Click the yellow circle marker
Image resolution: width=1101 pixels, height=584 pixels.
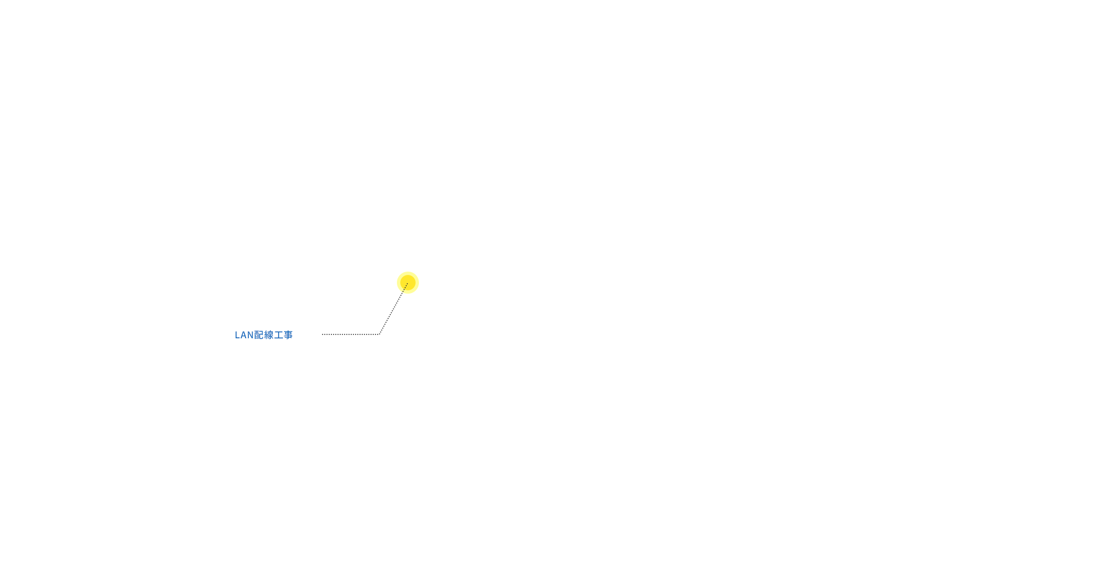pyautogui.click(x=408, y=283)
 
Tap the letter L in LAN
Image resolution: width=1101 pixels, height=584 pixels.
pyautogui.click(x=237, y=335)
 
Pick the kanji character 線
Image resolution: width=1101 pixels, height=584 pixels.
pyautogui.click(x=269, y=335)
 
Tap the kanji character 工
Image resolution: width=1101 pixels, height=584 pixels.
pyautogui.click(x=279, y=335)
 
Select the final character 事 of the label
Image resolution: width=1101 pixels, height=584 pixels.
pyautogui.click(x=288, y=335)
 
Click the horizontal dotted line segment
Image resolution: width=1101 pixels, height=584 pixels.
pyautogui.click(x=351, y=334)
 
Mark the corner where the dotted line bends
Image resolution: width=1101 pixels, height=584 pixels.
pyautogui.click(x=379, y=334)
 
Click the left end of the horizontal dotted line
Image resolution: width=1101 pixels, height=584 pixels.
pyautogui.click(x=323, y=334)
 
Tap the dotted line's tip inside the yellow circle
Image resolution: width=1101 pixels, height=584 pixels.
pyautogui.click(x=407, y=284)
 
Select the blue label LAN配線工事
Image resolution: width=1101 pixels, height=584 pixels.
pyautogui.click(x=264, y=335)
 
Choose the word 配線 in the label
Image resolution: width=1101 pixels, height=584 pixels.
pyautogui.click(x=264, y=335)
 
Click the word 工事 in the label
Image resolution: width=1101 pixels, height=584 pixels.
pyautogui.click(x=284, y=335)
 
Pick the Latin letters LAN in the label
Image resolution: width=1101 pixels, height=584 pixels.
pyautogui.click(x=244, y=335)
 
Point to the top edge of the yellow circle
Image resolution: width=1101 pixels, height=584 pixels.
pyautogui.click(x=408, y=272)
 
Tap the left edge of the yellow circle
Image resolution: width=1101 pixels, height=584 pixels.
pyautogui.click(x=397, y=283)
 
